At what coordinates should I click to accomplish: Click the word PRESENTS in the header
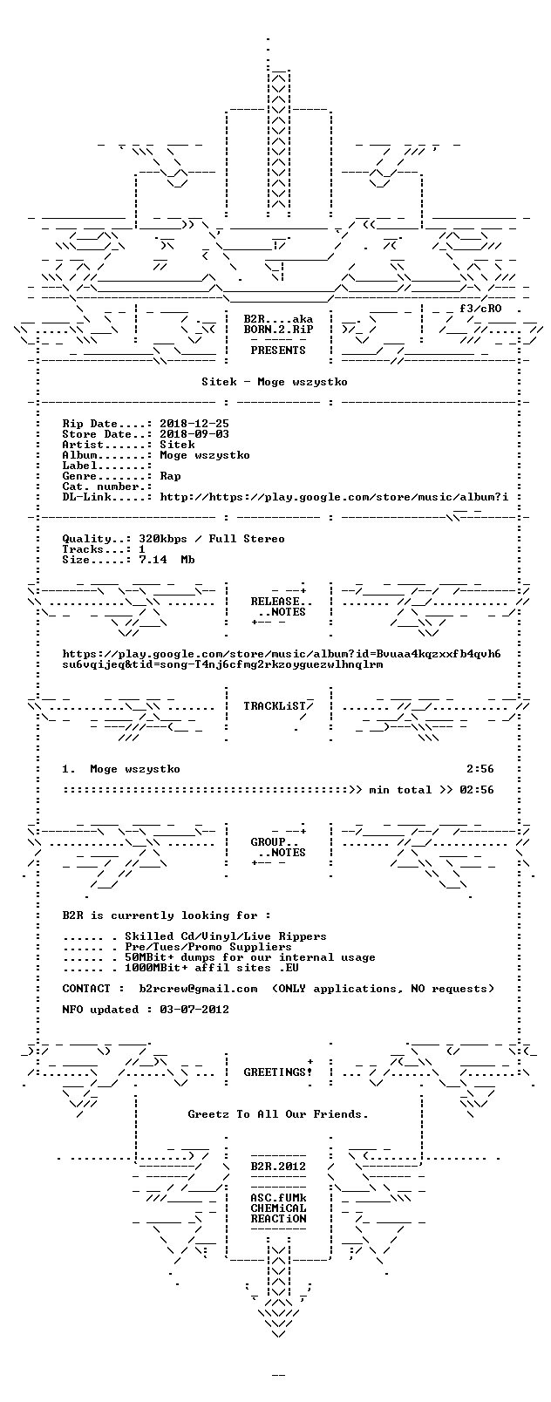click(278, 350)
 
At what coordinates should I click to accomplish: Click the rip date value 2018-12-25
click(194, 424)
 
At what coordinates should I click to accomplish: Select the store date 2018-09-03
click(194, 434)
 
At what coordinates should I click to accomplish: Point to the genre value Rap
click(170, 476)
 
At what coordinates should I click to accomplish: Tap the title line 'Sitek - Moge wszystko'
click(275, 382)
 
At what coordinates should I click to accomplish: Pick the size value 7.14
click(153, 560)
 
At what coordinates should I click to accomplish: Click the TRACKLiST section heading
click(278, 706)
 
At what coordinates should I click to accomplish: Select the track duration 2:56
click(480, 769)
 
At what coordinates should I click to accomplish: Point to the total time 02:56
click(477, 790)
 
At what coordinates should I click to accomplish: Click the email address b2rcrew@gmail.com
click(198, 988)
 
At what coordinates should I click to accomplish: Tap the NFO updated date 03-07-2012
click(194, 1010)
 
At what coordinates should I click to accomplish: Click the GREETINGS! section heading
click(278, 1072)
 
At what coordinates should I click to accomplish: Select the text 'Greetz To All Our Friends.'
click(278, 1114)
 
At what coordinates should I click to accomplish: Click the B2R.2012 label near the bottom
click(278, 1167)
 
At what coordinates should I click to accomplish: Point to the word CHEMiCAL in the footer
click(278, 1208)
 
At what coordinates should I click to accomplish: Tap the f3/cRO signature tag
click(480, 309)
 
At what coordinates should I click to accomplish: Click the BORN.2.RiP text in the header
click(278, 330)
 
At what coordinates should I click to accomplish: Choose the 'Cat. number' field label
click(104, 487)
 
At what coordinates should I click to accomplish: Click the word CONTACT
click(86, 988)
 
